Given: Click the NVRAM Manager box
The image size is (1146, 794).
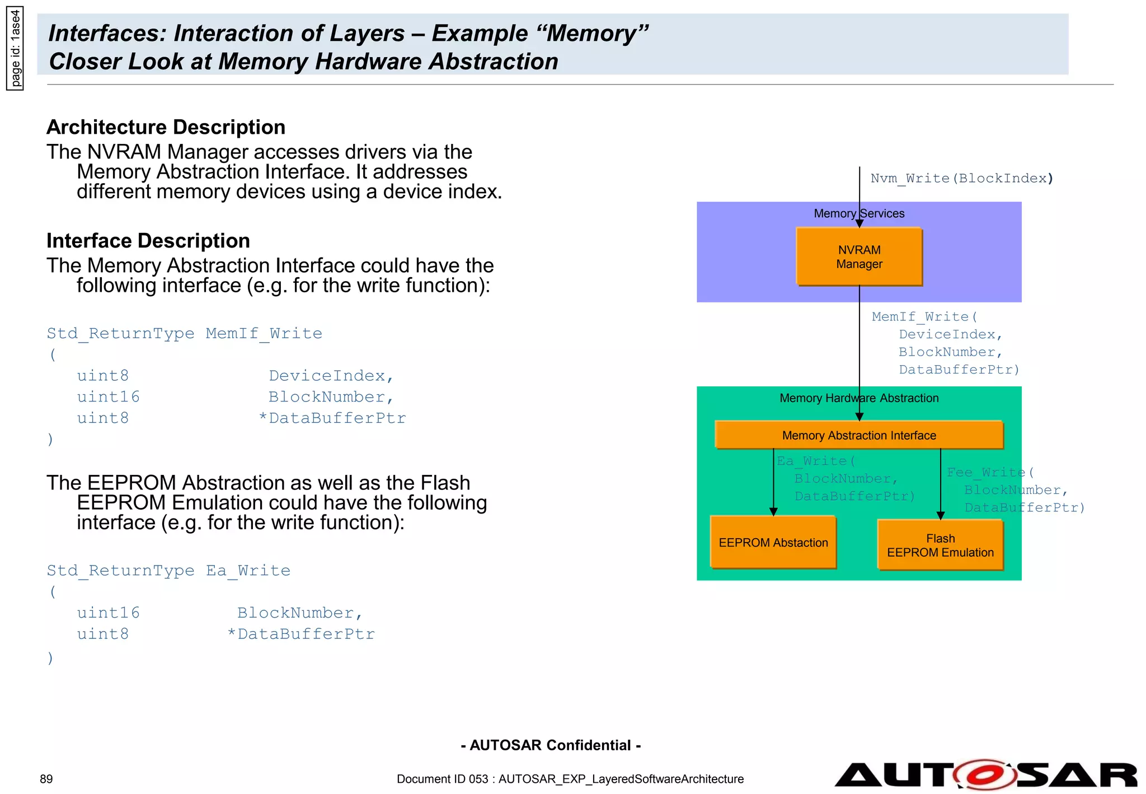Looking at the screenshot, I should (x=858, y=256).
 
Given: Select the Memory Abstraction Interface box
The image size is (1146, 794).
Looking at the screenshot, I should (x=858, y=435).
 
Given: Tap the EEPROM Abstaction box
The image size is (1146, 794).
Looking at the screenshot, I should (x=773, y=542).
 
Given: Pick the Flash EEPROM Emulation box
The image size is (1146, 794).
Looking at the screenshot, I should (x=940, y=545).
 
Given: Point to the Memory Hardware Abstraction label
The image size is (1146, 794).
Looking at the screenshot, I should (x=858, y=398).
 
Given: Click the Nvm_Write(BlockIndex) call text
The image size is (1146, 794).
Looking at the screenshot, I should (x=961, y=178).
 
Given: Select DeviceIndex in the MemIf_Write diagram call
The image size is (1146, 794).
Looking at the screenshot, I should (x=947, y=334).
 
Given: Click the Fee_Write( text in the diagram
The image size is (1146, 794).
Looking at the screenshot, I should (x=989, y=472).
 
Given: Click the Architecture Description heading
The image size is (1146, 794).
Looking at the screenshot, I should (x=166, y=127).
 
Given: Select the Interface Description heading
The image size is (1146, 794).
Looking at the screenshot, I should (x=148, y=241).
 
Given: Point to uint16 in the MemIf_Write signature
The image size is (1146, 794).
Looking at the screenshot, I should (x=108, y=397).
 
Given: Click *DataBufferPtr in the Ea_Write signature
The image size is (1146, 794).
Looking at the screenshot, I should (x=301, y=634).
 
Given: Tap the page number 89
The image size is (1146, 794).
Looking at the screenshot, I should (x=46, y=779).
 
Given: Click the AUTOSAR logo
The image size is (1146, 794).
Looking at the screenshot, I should (x=985, y=775).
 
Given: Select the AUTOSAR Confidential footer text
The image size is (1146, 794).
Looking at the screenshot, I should (x=551, y=745).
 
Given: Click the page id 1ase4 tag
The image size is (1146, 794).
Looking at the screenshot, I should (x=15, y=48).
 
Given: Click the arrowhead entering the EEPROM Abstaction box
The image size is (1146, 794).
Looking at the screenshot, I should (x=773, y=511).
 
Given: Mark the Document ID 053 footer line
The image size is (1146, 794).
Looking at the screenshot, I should (x=570, y=779).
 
